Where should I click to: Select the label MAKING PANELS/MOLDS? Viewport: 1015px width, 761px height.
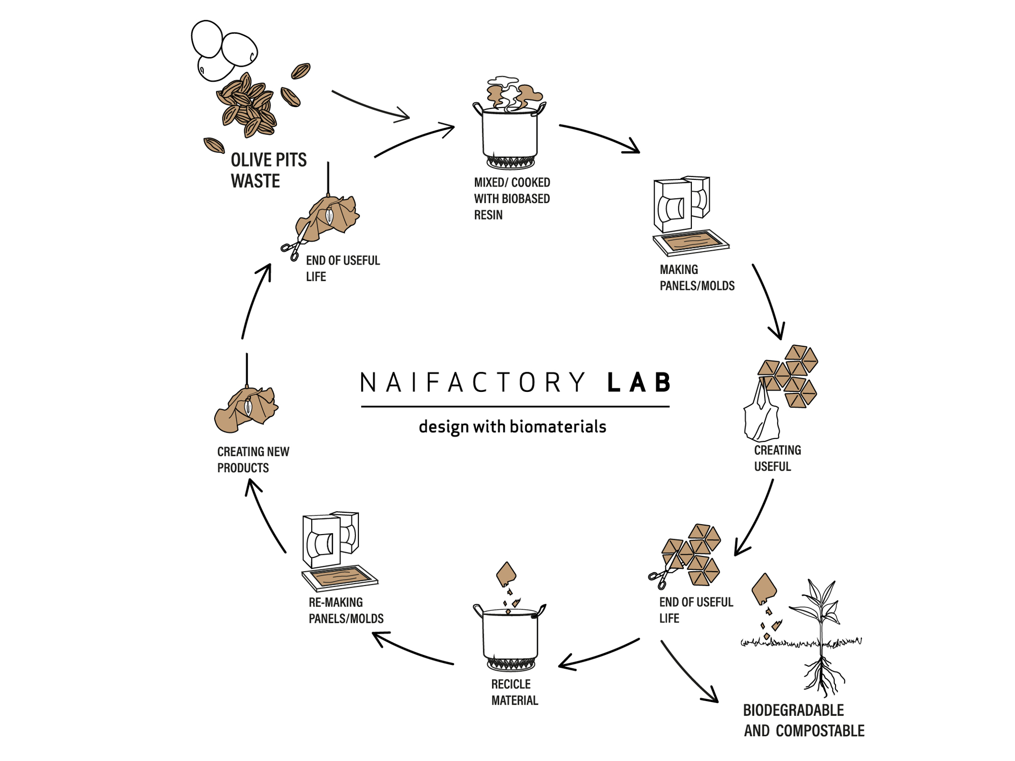point(696,277)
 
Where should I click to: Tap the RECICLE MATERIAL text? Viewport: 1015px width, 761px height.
point(514,692)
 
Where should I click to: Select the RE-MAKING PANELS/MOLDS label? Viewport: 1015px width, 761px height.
point(346,610)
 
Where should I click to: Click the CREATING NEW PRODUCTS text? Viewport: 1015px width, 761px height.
point(253,459)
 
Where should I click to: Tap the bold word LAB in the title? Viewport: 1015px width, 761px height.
point(639,383)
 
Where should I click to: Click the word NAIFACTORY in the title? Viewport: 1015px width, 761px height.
point(473,383)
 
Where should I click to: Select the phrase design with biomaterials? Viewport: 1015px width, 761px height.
point(512,427)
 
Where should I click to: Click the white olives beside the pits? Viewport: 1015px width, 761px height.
point(223,50)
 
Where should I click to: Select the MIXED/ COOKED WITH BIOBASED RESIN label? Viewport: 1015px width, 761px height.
point(511,199)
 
